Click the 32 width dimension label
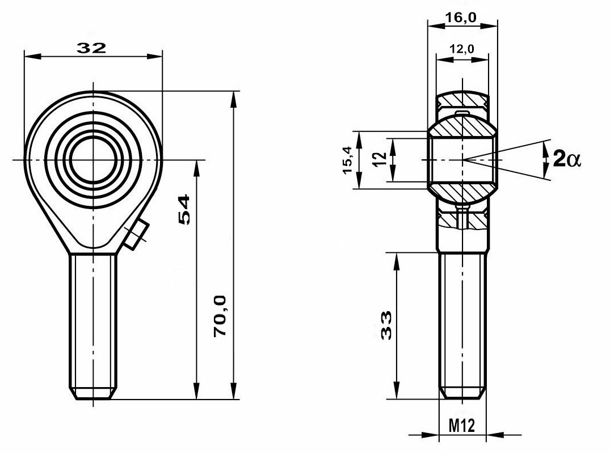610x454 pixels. click(91, 48)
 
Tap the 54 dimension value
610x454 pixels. click(184, 210)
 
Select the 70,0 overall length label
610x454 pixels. click(220, 316)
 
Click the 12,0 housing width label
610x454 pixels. click(462, 49)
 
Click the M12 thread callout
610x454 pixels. click(462, 426)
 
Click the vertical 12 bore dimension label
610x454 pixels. click(380, 159)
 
